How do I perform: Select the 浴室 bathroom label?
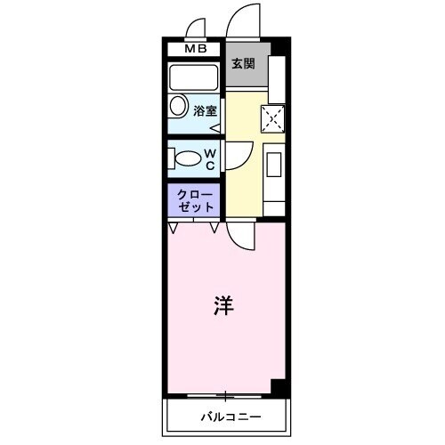206,111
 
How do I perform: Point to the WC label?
210,158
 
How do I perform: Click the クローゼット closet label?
194,199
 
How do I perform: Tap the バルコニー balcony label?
229,416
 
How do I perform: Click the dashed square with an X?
273,116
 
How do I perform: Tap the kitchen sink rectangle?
274,166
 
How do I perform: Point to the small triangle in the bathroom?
214,126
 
